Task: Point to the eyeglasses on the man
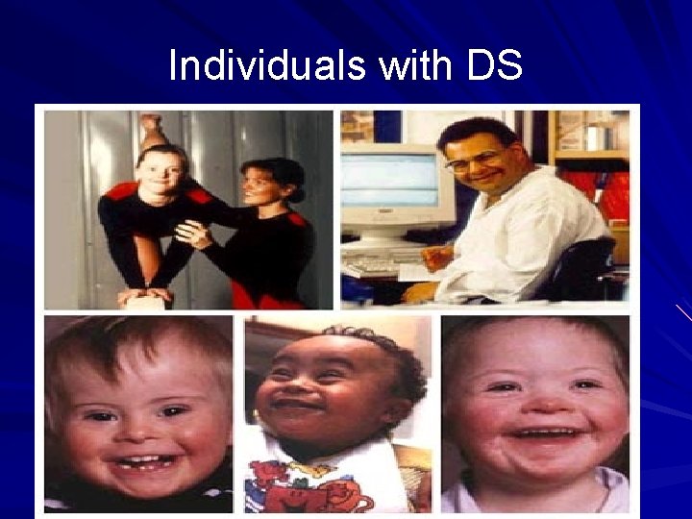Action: (x=477, y=160)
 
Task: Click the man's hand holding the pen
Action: (x=436, y=258)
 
